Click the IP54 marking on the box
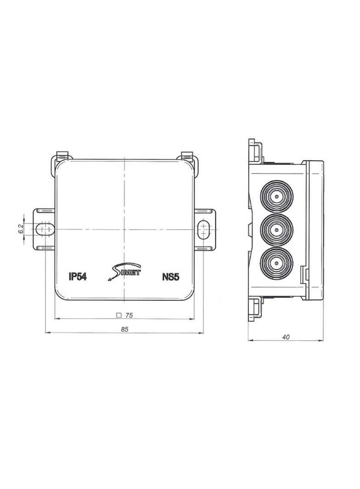click(78, 277)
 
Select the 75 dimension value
click(129, 316)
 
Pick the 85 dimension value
click(124, 329)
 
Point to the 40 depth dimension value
click(286, 337)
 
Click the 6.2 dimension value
click(21, 229)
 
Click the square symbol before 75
click(118, 316)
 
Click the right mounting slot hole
click(203, 229)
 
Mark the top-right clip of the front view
click(187, 157)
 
